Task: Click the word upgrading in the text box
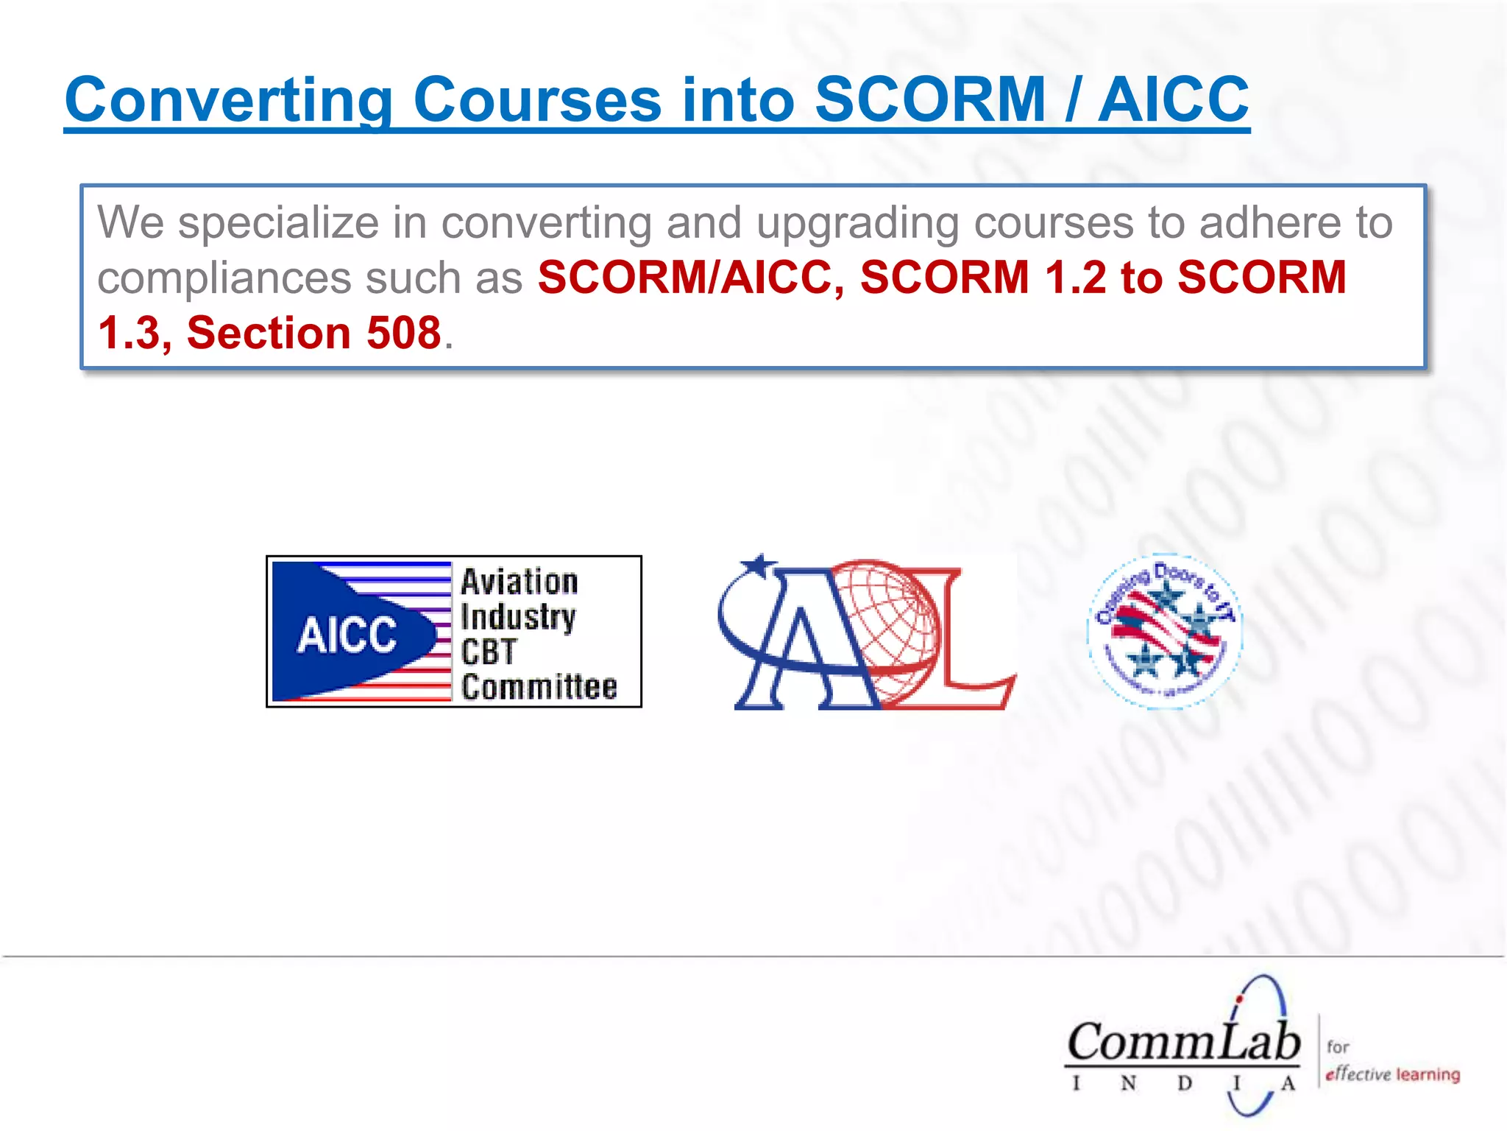tap(857, 223)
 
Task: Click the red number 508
tap(403, 333)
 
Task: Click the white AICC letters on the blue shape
tap(347, 635)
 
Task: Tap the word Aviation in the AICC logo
tap(520, 582)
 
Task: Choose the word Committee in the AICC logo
tap(539, 687)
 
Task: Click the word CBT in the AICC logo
tap(489, 652)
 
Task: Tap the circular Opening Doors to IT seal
tap(1165, 631)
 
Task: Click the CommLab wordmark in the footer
tap(1183, 1043)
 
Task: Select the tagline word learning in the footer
tap(1428, 1074)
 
